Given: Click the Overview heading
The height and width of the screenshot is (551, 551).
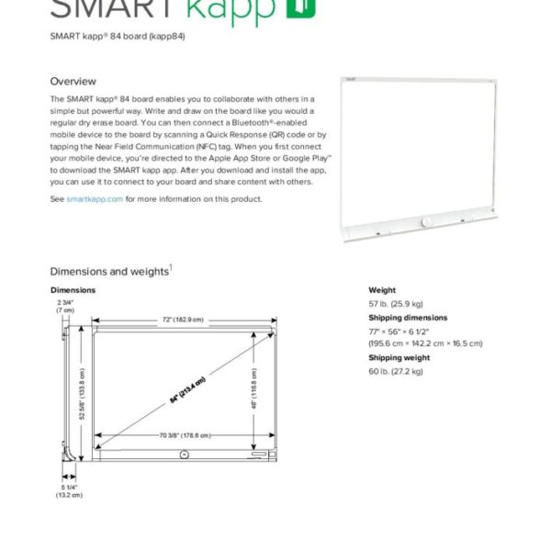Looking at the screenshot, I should tap(73, 82).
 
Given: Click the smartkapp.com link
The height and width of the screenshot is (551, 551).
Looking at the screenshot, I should tap(95, 198).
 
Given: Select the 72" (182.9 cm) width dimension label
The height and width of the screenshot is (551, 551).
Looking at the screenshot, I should tap(183, 320).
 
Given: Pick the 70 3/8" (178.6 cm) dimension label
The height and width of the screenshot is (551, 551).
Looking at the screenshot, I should tap(185, 435).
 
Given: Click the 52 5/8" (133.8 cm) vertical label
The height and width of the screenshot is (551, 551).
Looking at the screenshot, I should tap(81, 388).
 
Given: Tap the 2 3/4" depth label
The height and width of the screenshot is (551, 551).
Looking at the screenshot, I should tap(65, 306).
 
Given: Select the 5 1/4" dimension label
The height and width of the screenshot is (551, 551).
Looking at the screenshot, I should tap(70, 490).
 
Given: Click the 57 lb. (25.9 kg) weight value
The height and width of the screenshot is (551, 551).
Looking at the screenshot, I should tap(396, 303).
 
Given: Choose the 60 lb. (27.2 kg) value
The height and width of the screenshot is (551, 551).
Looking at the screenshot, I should tap(396, 371).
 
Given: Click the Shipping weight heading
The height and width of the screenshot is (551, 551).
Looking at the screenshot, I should tap(399, 357).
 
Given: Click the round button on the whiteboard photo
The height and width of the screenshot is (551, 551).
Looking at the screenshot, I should tap(426, 223).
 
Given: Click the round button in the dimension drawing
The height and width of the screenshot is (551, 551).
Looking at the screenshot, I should tap(185, 454).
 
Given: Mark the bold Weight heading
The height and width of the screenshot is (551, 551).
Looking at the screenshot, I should tap(382, 289).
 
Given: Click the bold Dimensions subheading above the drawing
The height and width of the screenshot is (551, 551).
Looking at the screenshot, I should tap(73, 289).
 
